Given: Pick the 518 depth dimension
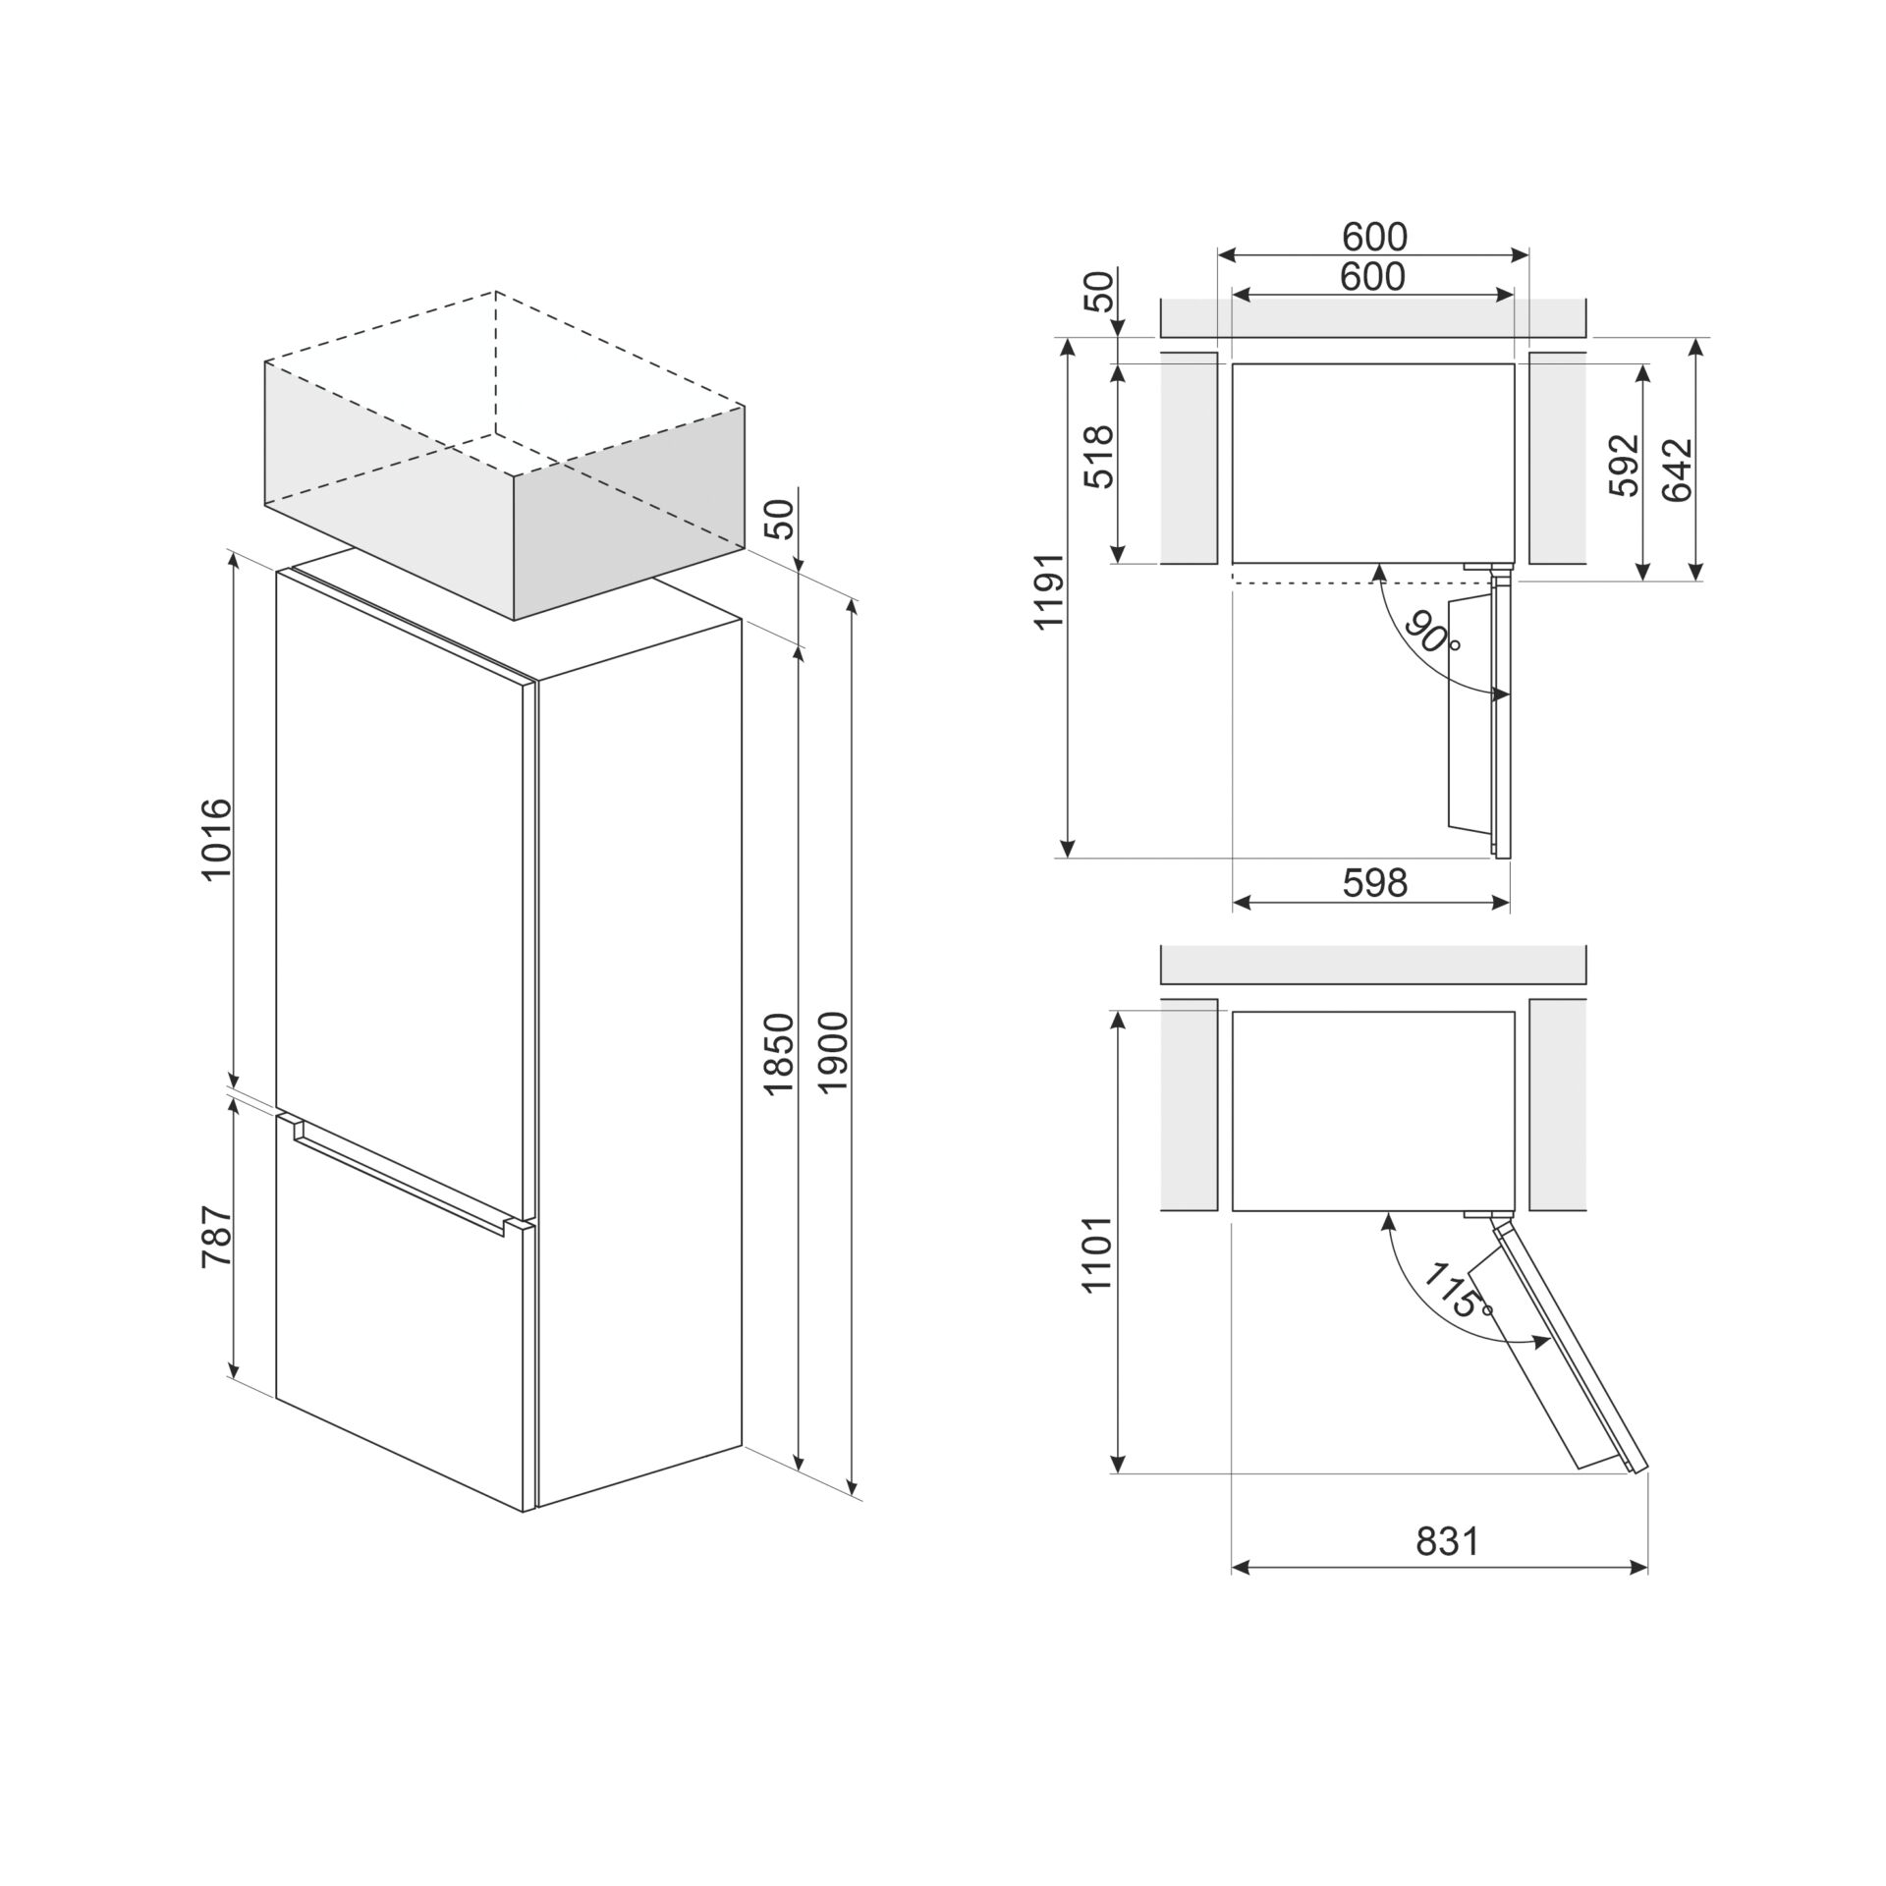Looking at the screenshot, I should click(x=1099, y=457).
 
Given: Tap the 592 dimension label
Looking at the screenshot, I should click(x=1625, y=465).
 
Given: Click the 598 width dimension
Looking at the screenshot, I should click(x=1374, y=882).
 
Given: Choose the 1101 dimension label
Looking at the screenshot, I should click(x=1099, y=1254).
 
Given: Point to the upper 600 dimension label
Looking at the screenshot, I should click(x=1374, y=237).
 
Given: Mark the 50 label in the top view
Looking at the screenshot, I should click(x=1102, y=291).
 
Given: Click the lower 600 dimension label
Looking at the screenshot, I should click(x=1372, y=277).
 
